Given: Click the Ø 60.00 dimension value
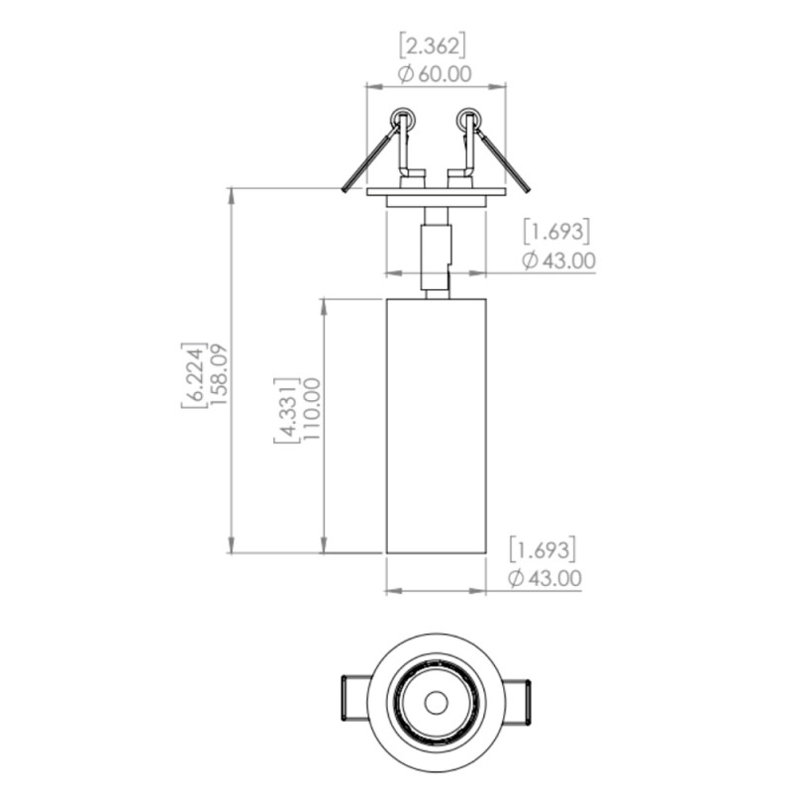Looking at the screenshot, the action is tap(435, 74).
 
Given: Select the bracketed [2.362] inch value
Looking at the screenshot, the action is tap(433, 46).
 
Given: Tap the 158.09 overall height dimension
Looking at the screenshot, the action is tap(220, 374).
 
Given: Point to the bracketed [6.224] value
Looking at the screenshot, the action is tap(194, 375).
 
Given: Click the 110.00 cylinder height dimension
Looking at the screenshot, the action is tap(312, 409).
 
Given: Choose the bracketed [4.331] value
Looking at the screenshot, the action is tap(287, 410).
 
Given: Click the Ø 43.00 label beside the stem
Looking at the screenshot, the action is tap(558, 260).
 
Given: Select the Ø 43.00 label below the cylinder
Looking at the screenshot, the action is tap(545, 578).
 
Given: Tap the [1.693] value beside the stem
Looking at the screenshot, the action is tap(556, 232).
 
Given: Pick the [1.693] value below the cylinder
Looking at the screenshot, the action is tap(543, 549).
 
